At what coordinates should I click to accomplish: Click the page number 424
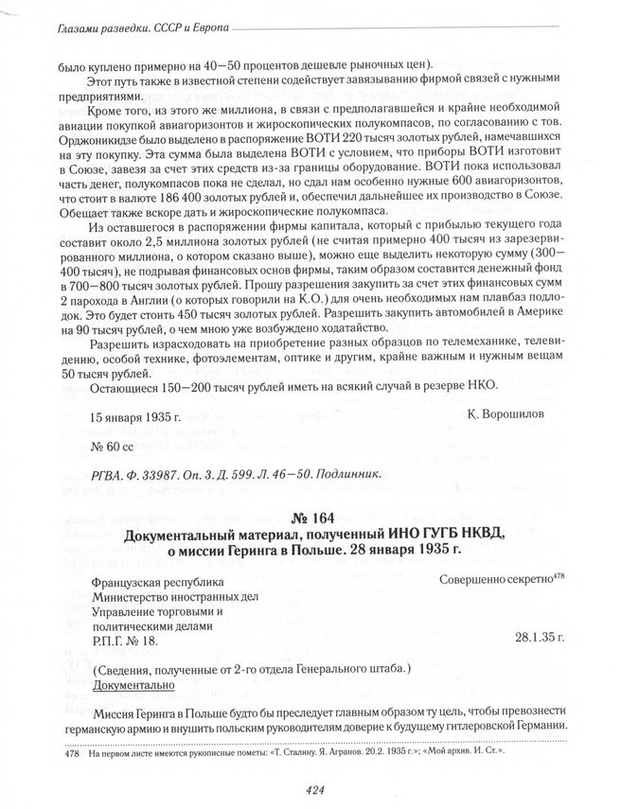pos(310,790)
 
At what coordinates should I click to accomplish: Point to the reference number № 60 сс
pos(115,444)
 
